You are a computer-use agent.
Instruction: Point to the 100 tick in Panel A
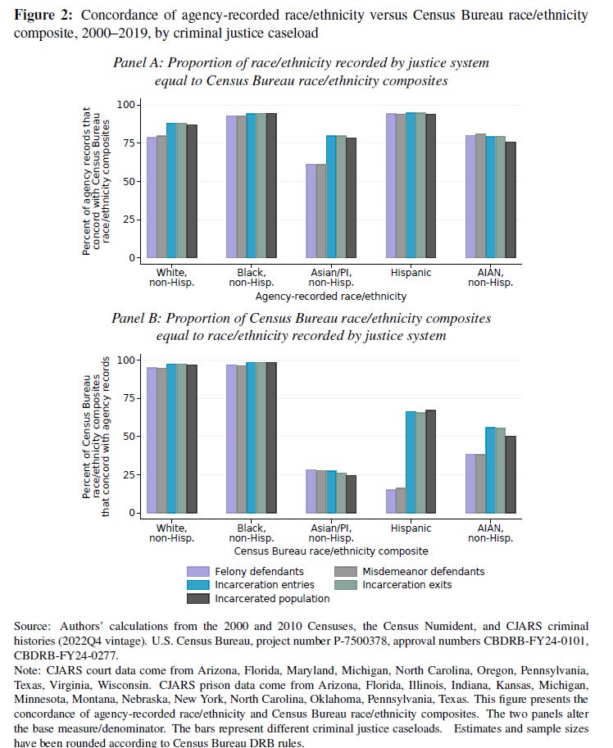tap(125, 105)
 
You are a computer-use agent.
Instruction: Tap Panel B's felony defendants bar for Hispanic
tap(392, 501)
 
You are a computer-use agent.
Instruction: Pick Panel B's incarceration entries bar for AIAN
tap(490, 470)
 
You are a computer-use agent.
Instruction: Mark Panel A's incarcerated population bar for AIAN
tap(510, 200)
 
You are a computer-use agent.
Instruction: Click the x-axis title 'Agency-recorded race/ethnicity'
tap(330, 297)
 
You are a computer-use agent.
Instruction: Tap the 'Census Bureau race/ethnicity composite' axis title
tap(330, 551)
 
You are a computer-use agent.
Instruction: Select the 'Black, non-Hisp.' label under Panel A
tap(251, 278)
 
